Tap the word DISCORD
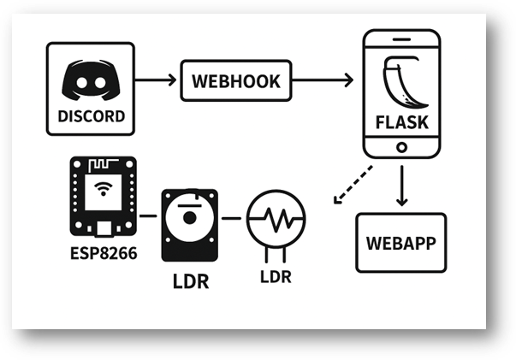(x=91, y=115)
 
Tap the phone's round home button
(x=402, y=147)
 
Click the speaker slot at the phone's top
(x=402, y=40)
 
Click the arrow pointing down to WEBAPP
(x=401, y=186)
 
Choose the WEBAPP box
(x=400, y=242)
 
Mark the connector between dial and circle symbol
(x=231, y=217)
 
